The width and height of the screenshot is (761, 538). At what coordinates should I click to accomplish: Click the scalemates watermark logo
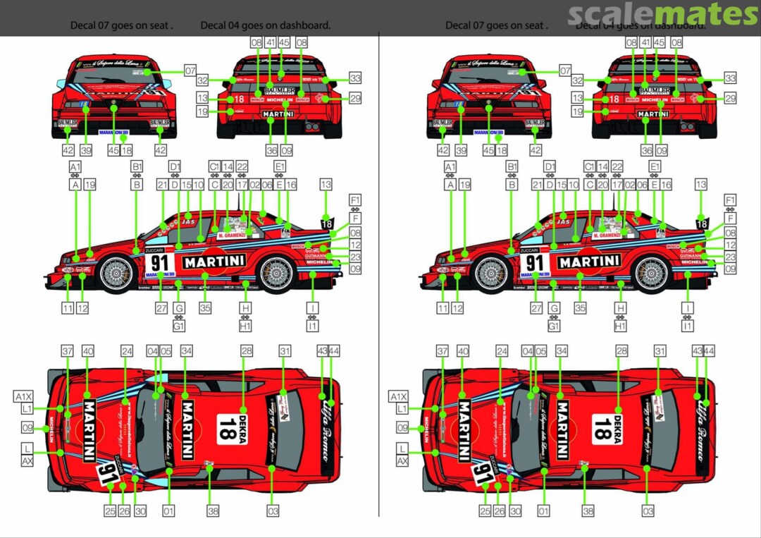[662, 14]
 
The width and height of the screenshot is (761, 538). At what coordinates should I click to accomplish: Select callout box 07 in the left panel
[190, 71]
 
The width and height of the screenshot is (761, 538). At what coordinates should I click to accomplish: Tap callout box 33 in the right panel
[730, 78]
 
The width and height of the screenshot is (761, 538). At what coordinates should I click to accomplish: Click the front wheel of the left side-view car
[116, 274]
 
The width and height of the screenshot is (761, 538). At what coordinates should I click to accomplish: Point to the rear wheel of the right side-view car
[651, 274]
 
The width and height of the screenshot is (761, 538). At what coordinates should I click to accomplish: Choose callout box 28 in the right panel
[621, 350]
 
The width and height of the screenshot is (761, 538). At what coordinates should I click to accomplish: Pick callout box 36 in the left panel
[272, 150]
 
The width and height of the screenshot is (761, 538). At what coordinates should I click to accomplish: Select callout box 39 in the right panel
[461, 150]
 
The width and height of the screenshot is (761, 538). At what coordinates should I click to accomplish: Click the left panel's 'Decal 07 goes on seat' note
[121, 25]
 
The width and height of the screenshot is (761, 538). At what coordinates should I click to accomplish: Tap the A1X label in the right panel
[398, 397]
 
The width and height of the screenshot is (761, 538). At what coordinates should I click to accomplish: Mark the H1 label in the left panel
[245, 326]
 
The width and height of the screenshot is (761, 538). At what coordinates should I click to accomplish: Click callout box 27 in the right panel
[536, 308]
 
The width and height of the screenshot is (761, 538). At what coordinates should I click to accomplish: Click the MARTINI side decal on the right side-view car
[589, 262]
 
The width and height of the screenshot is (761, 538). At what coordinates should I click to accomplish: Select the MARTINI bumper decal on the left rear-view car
[278, 113]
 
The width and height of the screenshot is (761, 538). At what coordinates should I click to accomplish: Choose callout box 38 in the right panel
[588, 511]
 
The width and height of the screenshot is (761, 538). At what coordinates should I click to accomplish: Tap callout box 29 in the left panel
[355, 98]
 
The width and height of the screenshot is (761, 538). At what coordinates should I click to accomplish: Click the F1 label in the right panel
[730, 200]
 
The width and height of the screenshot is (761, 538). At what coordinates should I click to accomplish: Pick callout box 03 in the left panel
[273, 511]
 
